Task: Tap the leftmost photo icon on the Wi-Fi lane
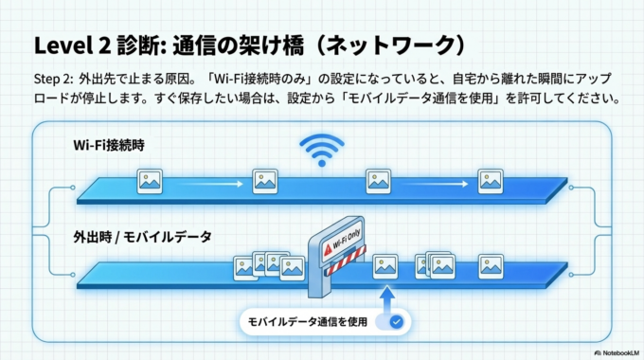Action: pyautogui.click(x=149, y=179)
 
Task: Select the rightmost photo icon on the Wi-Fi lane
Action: pyautogui.click(x=490, y=179)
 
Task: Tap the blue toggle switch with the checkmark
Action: pyautogui.click(x=391, y=321)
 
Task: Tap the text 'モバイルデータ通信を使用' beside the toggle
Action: pyautogui.click(x=307, y=321)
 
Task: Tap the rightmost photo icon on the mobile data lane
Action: pyautogui.click(x=490, y=264)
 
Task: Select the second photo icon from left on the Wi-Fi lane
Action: pyautogui.click(x=265, y=179)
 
